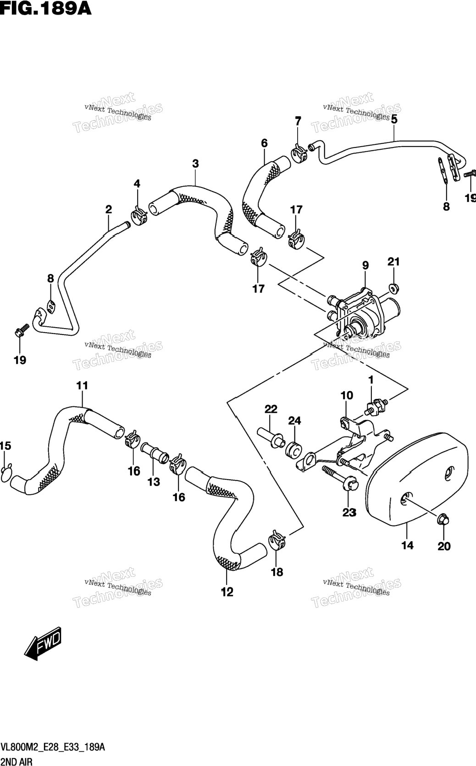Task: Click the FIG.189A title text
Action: pos(46,8)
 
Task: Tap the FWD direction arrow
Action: pos(43,644)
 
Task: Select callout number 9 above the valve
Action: pos(365,265)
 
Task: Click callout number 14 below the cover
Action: pos(407,545)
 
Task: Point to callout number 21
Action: pos(393,262)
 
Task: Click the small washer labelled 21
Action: pos(393,288)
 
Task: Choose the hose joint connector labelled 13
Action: pos(155,454)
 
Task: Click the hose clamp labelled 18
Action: pos(277,540)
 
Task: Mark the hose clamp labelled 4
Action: pos(139,216)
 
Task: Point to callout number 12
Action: pos(227,591)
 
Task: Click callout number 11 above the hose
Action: pos(82,385)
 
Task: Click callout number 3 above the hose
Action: pos(195,164)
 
